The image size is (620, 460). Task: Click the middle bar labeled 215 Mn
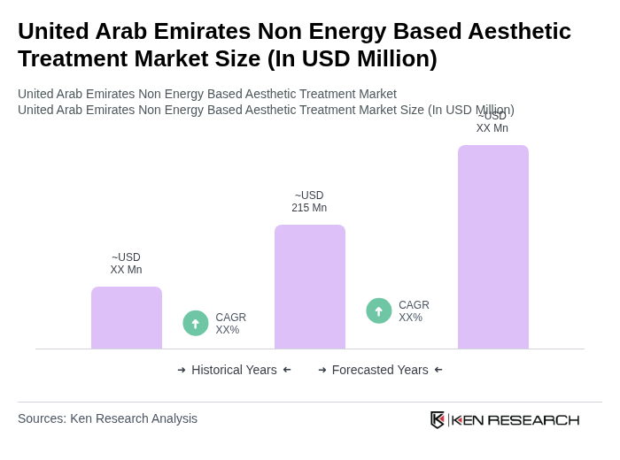tap(309, 287)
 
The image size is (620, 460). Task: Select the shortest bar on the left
tap(126, 318)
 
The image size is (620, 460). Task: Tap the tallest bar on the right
tap(492, 247)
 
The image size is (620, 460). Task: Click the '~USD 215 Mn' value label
tap(309, 202)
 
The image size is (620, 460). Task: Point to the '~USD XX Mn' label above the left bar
tap(126, 264)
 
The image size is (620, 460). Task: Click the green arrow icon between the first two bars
tap(196, 323)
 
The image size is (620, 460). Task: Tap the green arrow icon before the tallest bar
tap(379, 310)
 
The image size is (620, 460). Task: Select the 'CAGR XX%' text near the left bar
tap(230, 324)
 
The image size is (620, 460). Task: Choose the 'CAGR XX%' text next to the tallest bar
tap(414, 311)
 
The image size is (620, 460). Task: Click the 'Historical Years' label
tap(234, 370)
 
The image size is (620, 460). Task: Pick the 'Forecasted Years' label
tap(380, 370)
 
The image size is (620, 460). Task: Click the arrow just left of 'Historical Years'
tap(182, 370)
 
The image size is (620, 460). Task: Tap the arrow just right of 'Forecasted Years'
tap(438, 370)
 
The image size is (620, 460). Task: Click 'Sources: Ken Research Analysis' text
tap(107, 418)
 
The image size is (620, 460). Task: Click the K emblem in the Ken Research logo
tap(438, 419)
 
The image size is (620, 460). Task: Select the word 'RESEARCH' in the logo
tap(533, 419)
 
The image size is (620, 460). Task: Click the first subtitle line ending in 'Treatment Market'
tap(207, 94)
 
